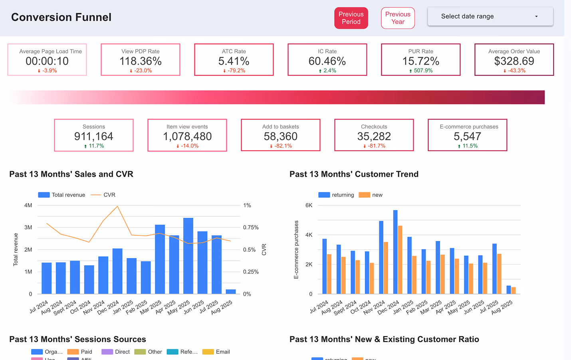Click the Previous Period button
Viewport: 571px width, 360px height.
click(x=351, y=18)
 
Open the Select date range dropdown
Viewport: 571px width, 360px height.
click(x=490, y=16)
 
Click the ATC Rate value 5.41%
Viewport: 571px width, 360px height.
click(x=234, y=61)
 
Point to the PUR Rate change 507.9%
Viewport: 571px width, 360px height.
click(x=423, y=71)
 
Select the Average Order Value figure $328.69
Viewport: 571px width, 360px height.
click(x=514, y=61)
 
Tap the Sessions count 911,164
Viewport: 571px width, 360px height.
click(x=93, y=136)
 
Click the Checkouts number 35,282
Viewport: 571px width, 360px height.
click(x=374, y=136)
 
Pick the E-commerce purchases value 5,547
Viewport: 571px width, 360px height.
click(x=467, y=136)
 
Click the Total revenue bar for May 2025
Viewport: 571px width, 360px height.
click(x=188, y=255)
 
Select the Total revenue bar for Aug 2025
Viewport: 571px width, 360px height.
click(x=231, y=292)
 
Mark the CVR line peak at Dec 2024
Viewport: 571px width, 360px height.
click(x=117, y=206)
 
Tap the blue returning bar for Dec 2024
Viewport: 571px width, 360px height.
click(x=395, y=251)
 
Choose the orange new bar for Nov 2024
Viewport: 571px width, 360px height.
click(x=386, y=267)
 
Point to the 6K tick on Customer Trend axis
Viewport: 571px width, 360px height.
click(x=309, y=205)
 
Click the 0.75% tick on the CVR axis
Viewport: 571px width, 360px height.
click(x=251, y=227)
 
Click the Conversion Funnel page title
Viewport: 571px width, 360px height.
click(x=61, y=17)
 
